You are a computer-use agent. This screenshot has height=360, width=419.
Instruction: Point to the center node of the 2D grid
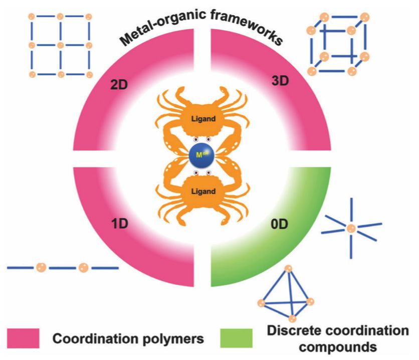pos(60,46)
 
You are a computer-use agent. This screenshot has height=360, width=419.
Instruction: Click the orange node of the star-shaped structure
pos(351,229)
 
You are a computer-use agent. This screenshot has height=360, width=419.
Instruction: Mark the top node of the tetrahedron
pos(288,269)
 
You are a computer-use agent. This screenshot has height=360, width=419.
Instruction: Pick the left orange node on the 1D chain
pos(41,268)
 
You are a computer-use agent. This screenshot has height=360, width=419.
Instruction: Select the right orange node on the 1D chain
pos(84,268)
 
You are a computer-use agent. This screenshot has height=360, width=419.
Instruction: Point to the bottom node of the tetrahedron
pos(293,318)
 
